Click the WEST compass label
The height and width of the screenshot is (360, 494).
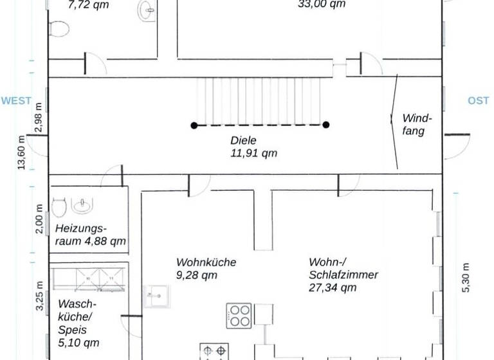pos(16,101)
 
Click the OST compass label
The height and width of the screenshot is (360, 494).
pos(478,101)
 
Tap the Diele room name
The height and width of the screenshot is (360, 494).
pos(243,139)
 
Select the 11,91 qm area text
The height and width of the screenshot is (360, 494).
pos(253,153)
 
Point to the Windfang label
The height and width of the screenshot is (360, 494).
pos(417,125)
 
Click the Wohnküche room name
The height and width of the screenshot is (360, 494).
pos(206,262)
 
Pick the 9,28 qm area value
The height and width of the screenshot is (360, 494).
pos(196,276)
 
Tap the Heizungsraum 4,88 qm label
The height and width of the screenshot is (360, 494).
pos(90,235)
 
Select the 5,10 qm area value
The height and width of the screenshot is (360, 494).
pos(79,343)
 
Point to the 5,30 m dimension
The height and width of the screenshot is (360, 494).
pos(466,278)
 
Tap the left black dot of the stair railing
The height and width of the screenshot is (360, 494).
pos(194,125)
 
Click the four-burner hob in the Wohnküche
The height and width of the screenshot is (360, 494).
pos(239,316)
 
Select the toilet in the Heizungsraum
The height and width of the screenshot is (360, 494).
pos(59,208)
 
